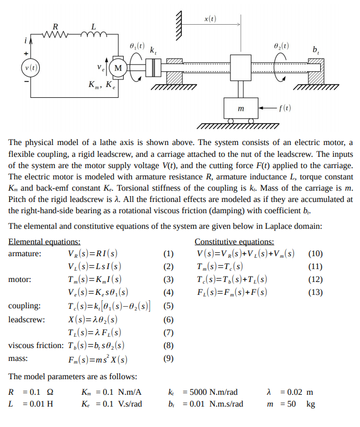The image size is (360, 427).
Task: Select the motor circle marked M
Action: (x=118, y=68)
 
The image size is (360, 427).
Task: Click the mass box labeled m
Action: (x=240, y=109)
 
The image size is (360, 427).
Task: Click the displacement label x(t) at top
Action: (x=211, y=19)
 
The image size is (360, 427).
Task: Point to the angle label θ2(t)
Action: (x=280, y=47)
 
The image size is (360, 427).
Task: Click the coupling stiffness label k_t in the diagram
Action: (x=154, y=50)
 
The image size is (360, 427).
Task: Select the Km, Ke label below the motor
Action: (x=102, y=85)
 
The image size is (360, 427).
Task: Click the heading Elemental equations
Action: (x=45, y=242)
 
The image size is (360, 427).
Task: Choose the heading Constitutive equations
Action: (x=234, y=242)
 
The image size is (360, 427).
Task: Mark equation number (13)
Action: (x=315, y=293)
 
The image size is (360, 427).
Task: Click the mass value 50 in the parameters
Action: (x=291, y=403)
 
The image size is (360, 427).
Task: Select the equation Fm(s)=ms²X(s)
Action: (x=98, y=359)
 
